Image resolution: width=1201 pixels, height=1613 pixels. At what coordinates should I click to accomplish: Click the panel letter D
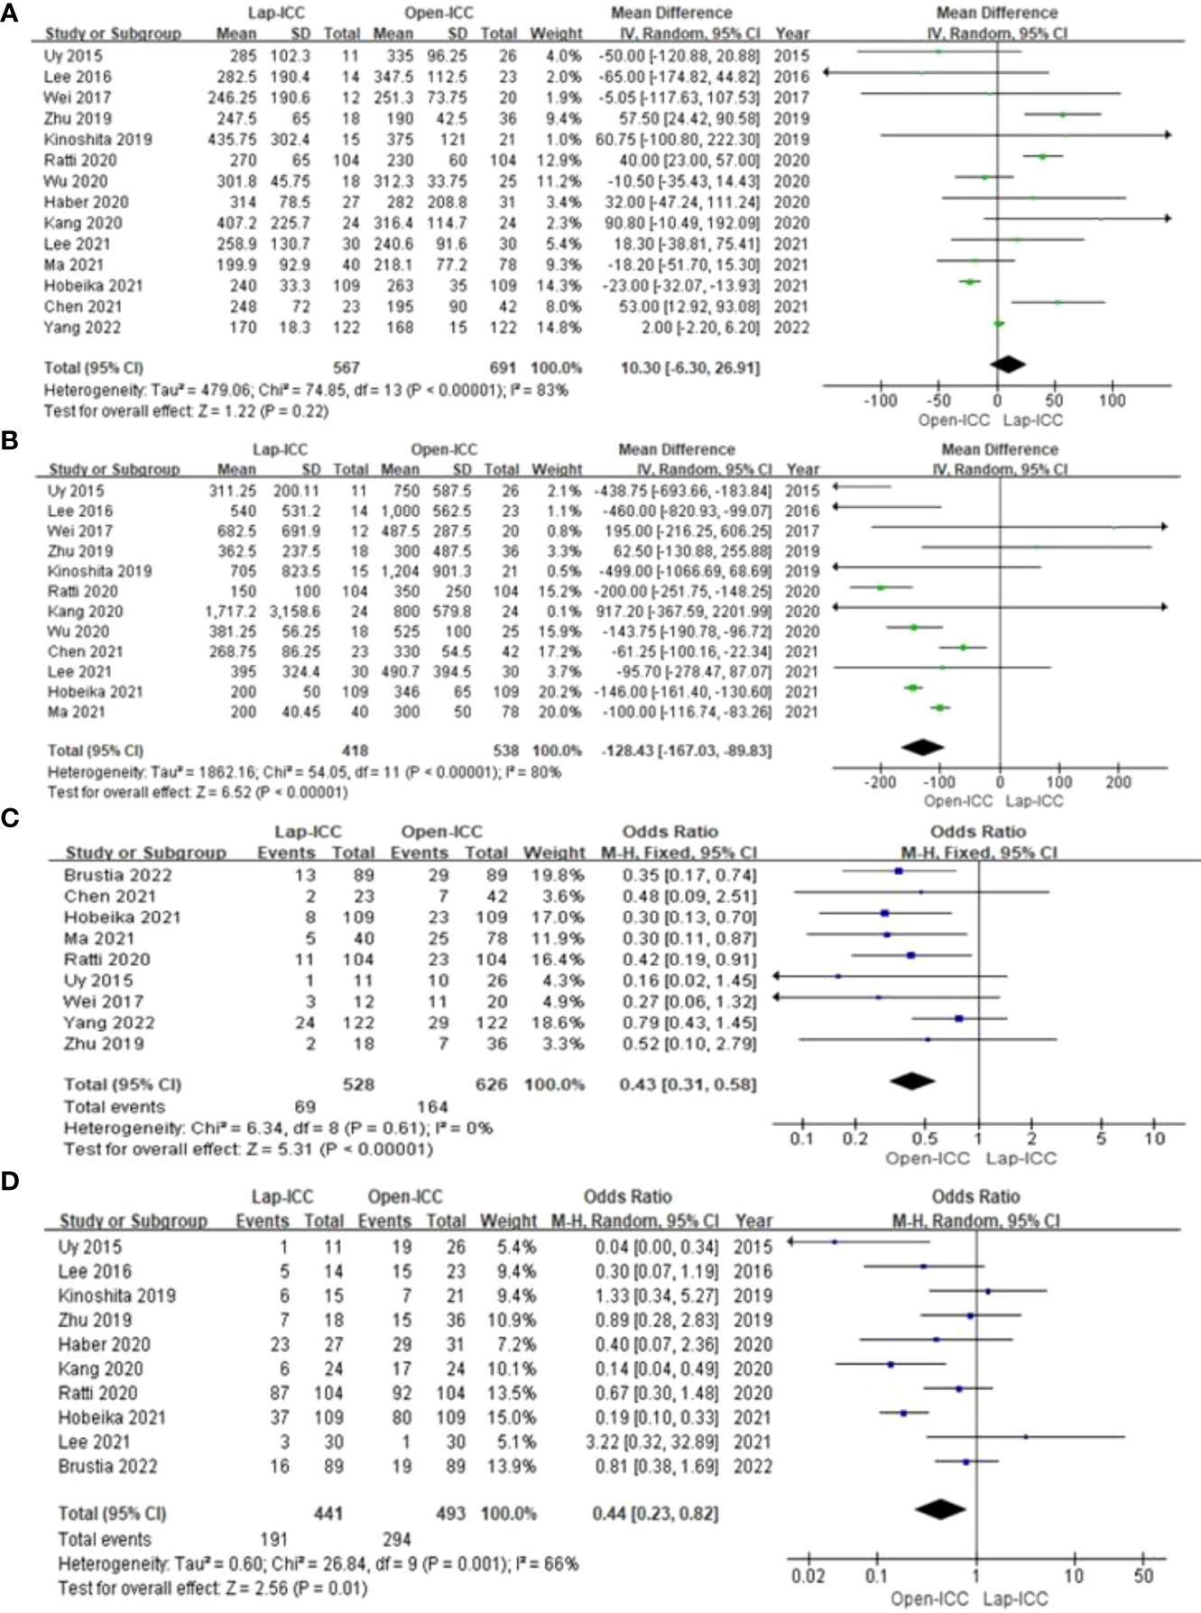click(11, 1181)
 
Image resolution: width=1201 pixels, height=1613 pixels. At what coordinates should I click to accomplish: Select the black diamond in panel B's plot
click(922, 747)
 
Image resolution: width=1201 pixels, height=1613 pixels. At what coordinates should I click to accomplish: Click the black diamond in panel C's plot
click(912, 1081)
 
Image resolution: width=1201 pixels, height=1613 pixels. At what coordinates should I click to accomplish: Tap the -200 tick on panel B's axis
click(881, 782)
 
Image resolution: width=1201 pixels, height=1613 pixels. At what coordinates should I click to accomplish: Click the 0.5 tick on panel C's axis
click(925, 1138)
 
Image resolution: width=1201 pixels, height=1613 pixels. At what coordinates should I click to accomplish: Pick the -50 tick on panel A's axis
click(939, 401)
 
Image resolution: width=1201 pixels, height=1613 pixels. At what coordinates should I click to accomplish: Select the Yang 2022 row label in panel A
click(82, 327)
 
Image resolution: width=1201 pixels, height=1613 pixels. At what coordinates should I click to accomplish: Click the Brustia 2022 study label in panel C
click(118, 875)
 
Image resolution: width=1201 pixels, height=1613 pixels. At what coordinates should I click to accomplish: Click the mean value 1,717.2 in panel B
click(230, 612)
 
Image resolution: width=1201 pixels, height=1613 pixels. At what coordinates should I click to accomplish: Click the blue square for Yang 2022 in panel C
click(959, 1018)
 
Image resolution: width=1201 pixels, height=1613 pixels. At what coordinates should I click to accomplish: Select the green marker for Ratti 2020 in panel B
click(881, 587)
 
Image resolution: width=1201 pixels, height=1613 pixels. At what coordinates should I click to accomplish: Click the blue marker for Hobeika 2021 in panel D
click(903, 1413)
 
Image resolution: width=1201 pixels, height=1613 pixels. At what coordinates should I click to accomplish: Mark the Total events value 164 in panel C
click(432, 1107)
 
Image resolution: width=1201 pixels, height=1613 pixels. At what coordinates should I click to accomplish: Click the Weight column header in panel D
click(508, 1221)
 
